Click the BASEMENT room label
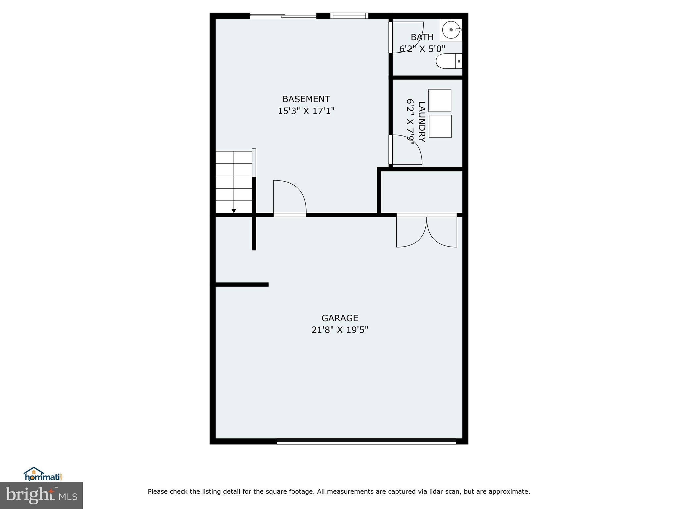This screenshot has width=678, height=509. pos(306,99)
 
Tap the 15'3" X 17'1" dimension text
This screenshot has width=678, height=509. pos(306,111)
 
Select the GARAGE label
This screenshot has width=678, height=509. pos(340,318)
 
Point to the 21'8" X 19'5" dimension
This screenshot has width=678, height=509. pos(340,330)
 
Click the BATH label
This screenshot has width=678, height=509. pos(422,37)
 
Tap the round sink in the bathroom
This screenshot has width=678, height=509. pos(451,30)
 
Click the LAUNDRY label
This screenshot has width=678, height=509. pos(421,122)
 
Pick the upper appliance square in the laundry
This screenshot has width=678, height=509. pos(440,100)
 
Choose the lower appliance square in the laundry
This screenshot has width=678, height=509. pos(440,126)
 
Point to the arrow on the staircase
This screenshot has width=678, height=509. pos(234,211)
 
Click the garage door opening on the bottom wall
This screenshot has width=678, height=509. pos(366,441)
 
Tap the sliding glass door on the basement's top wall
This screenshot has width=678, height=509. pos(283,16)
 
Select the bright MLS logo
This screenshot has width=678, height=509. pos(41,495)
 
